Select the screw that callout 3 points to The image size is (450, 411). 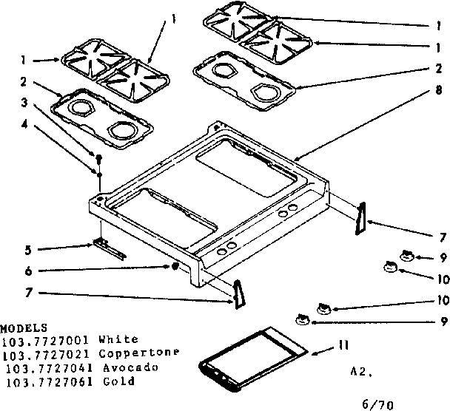click(97, 157)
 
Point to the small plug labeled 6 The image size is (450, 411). click(173, 265)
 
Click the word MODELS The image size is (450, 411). click(24, 327)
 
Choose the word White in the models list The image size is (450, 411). click(115, 340)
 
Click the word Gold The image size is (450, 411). click(119, 381)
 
